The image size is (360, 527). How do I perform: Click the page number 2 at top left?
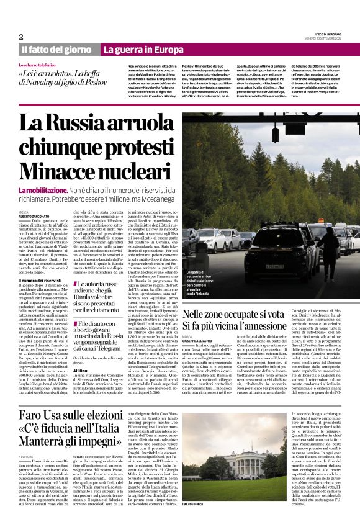pyautogui.click(x=21, y=37)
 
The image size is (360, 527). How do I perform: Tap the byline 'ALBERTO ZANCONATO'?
pyautogui.click(x=36, y=216)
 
